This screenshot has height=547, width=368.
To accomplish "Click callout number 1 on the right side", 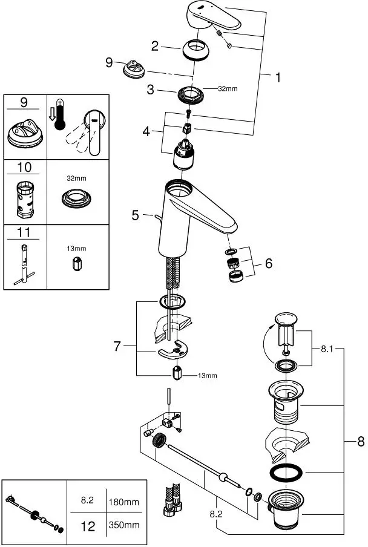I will pos(278,77).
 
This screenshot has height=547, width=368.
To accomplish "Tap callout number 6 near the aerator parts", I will pos(268,263).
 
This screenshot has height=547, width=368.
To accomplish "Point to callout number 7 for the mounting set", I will pos(117,346).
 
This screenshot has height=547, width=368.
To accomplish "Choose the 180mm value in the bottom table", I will pos(126,501).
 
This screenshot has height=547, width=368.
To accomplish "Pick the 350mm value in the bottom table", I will pos(126,526).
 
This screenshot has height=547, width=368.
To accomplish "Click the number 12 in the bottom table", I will pos(88,526).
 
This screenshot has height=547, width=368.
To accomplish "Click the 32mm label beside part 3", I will pos(228,89).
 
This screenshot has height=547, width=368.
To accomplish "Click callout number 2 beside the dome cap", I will pos(156,45).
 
